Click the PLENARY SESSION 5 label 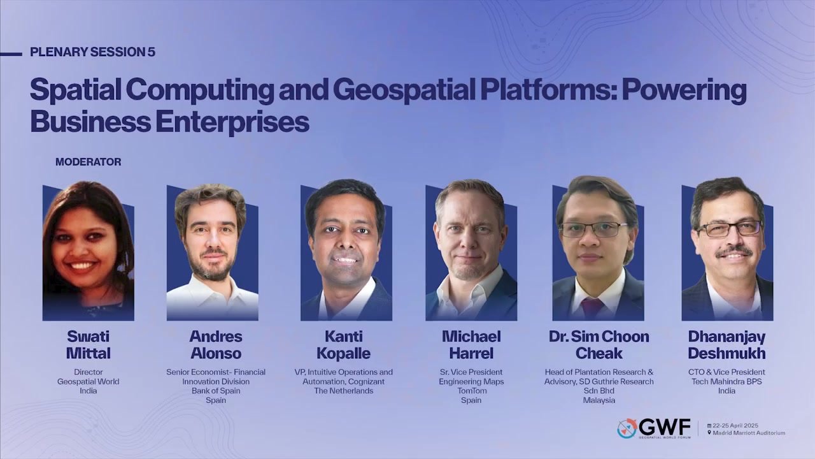click(93, 52)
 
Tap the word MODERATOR click(89, 162)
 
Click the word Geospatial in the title click(404, 91)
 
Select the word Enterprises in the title click(232, 122)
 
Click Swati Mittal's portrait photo click(89, 251)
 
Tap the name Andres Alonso click(216, 345)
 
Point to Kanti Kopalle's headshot click(346, 251)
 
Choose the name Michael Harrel click(471, 345)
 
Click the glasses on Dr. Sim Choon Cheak click(594, 230)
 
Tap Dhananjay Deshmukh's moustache click(734, 251)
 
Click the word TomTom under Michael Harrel click(472, 391)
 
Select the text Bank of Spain click(216, 391)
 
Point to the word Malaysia click(599, 400)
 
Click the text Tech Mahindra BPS click(726, 381)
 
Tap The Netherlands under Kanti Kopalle click(344, 391)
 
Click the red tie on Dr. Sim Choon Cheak click(592, 308)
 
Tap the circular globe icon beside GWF click(627, 428)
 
